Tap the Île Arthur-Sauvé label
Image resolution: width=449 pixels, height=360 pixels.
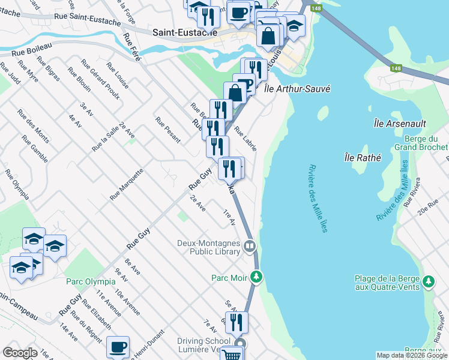298,89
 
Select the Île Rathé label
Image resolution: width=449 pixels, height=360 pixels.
363,158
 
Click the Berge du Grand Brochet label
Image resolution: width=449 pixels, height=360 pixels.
421,143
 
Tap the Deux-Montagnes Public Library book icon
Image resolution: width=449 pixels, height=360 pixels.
249,246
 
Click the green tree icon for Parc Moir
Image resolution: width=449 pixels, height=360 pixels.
256,277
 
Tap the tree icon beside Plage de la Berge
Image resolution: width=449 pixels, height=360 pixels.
429,281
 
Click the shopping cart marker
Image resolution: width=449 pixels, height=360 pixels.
231,354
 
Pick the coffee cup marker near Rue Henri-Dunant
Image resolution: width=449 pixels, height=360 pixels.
118,347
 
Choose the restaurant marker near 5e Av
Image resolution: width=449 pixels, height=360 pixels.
237,322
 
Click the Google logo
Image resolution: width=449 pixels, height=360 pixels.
19,353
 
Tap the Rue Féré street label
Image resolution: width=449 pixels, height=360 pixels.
131,47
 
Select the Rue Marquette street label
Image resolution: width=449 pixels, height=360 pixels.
127,184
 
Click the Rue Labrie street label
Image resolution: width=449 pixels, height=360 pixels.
246,139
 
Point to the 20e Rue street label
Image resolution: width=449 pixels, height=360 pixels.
431,208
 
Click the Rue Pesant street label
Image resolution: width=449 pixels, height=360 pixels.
167,129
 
